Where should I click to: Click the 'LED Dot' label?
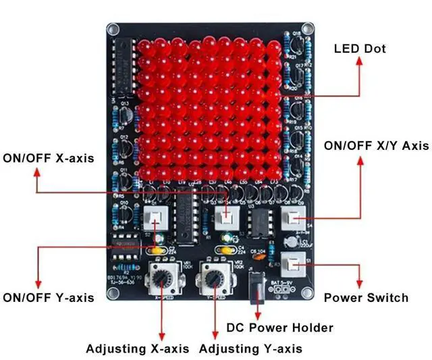[x=360, y=49]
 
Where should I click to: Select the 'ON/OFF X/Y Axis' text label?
[x=376, y=146]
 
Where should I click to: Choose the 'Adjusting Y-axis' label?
[x=250, y=349]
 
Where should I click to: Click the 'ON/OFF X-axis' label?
[x=49, y=159]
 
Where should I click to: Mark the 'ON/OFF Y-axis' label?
[x=49, y=297]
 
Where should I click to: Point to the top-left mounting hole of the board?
[x=113, y=30]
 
